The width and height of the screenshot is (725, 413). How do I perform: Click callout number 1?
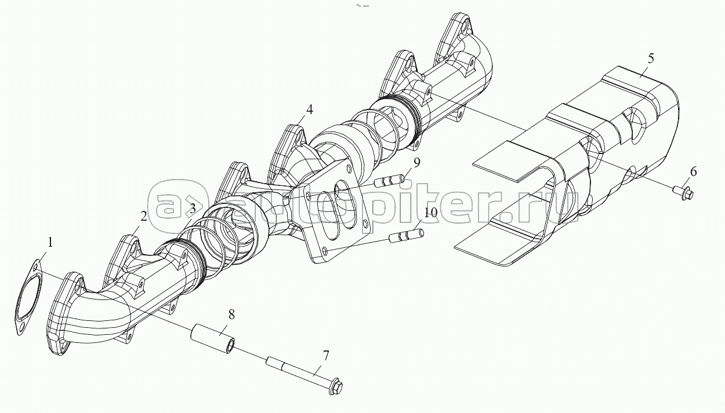coord(50,243)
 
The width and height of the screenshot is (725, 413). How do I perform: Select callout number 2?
coord(143,217)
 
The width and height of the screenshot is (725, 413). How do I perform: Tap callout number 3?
coord(191,210)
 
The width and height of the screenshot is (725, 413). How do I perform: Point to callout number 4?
coord(309,109)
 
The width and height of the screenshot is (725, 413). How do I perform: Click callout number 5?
coord(651,58)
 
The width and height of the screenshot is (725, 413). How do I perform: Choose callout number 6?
coord(694,171)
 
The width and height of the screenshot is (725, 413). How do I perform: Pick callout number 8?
coord(231,315)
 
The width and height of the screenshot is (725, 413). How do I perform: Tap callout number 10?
coord(430,213)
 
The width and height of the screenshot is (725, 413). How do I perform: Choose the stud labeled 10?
coord(406,236)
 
